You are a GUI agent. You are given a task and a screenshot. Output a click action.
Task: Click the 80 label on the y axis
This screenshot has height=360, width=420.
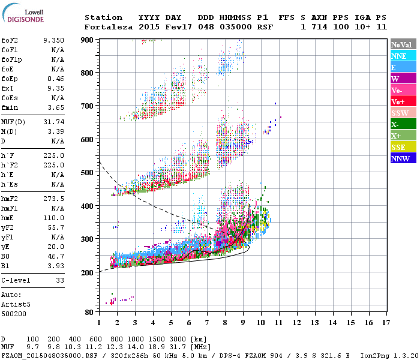[x=88, y=312]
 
